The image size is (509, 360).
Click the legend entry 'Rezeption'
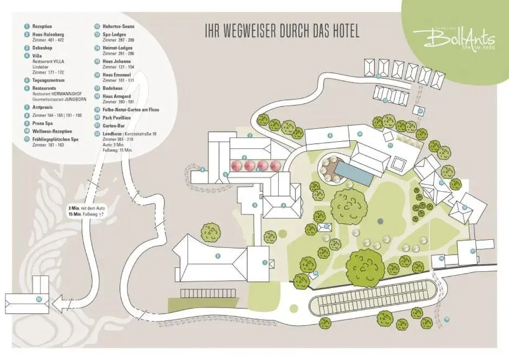[x=42, y=26]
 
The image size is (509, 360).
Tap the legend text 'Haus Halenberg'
[x=48, y=35]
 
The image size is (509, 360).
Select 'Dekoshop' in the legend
[x=42, y=48]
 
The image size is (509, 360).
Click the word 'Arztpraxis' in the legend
[x=44, y=107]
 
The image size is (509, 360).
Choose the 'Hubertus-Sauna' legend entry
[x=118, y=26]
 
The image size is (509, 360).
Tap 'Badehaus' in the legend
[x=112, y=88]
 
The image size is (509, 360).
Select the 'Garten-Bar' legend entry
[x=114, y=125]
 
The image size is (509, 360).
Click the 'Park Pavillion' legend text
[x=116, y=117]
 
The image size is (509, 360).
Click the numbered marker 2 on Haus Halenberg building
[x=218, y=256]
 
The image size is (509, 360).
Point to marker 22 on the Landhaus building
[x=38, y=299]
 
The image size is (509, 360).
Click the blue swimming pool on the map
[x=353, y=173]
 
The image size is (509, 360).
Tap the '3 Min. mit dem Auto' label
[x=86, y=208]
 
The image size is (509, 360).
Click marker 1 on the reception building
[x=265, y=263]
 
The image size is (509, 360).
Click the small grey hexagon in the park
[x=380, y=220]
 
